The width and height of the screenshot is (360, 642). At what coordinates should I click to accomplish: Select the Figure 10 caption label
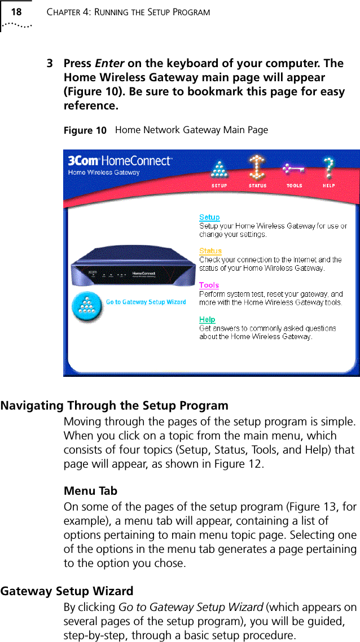[85, 131]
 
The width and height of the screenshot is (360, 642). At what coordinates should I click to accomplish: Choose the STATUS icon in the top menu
[257, 170]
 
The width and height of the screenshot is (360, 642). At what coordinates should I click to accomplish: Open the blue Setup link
[209, 217]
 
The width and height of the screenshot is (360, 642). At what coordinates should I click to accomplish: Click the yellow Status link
[210, 251]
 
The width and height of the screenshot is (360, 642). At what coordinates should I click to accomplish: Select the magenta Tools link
[209, 285]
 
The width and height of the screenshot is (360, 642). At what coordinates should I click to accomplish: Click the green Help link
[207, 320]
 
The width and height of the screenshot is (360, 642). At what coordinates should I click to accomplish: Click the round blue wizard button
[87, 306]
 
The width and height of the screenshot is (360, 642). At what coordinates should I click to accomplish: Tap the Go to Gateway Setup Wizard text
[146, 302]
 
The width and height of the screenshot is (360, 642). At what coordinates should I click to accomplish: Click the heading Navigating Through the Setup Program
[115, 406]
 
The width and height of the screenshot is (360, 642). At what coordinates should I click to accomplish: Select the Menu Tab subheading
[90, 491]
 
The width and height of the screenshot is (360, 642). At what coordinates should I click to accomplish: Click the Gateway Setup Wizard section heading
[67, 591]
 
